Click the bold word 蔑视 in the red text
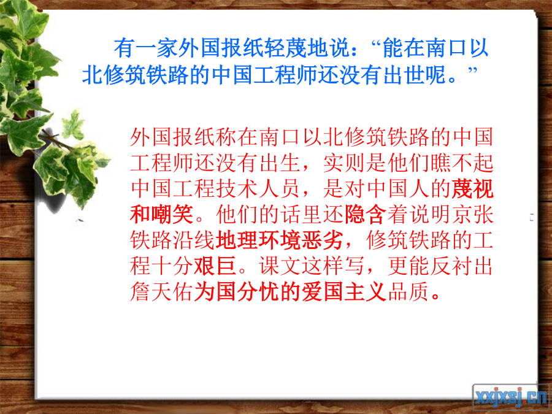coord(472,189)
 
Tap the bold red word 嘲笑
coord(172,215)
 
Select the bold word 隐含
coord(366,215)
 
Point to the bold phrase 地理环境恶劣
coord(279,240)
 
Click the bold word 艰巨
coord(215,266)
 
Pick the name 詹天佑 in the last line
coord(161,292)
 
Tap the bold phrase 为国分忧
coord(237,292)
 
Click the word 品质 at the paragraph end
coord(408,292)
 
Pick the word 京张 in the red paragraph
coord(472,215)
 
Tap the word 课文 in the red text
coord(280,266)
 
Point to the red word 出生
coord(280,163)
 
